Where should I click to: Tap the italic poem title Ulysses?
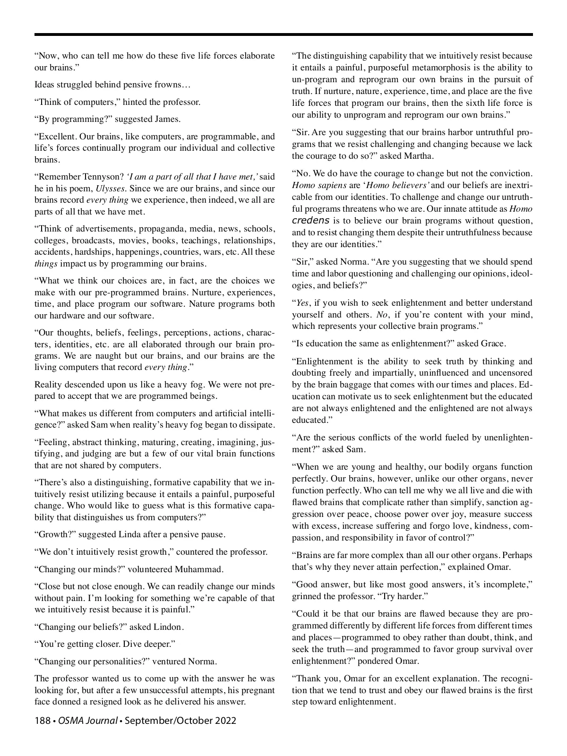[111, 189]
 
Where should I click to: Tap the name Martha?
[419, 156]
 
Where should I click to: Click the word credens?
[310, 221]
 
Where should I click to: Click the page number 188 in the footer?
[43, 721]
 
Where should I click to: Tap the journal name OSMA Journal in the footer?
[88, 721]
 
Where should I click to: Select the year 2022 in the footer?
[223, 721]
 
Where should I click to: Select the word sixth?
[459, 103]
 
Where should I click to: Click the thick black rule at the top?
[283, 34]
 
